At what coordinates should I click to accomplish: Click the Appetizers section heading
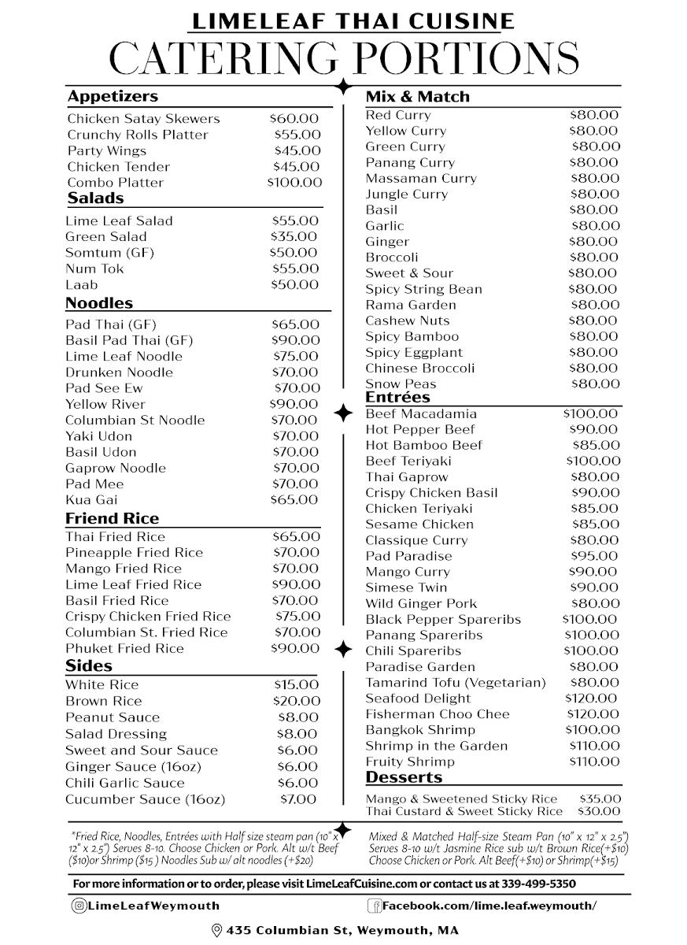point(113,97)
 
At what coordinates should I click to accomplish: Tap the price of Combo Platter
point(294,183)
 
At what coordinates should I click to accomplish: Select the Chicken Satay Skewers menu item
point(143,119)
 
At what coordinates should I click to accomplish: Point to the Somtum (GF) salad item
point(109,253)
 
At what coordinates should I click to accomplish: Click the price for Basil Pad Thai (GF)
point(295,340)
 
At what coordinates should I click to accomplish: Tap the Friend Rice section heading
point(112,518)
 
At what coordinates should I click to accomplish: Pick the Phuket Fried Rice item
point(124,648)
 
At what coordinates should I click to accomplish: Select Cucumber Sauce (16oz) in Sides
point(145,799)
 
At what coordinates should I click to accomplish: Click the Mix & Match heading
point(417,97)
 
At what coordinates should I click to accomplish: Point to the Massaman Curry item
point(421,179)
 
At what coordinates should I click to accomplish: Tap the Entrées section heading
point(397,398)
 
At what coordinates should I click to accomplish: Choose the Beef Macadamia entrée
point(421,413)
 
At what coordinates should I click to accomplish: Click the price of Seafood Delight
point(592,699)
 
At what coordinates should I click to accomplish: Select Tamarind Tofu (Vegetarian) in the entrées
point(455,683)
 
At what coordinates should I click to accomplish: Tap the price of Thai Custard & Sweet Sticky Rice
point(599,811)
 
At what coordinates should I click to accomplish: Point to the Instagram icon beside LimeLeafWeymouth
point(79,906)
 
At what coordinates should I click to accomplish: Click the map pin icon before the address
point(216,931)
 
